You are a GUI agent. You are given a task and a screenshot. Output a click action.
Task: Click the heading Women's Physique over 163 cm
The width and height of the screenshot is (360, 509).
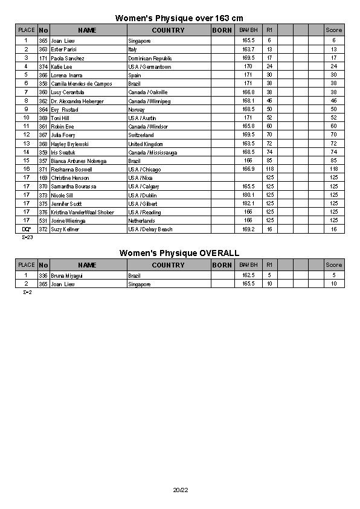179,19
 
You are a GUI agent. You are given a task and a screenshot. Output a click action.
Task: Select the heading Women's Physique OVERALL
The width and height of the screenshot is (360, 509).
179,253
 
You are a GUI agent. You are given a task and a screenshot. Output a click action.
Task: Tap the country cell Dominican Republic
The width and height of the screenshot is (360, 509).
150,59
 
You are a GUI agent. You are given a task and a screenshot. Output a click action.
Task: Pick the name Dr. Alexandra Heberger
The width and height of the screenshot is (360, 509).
77,101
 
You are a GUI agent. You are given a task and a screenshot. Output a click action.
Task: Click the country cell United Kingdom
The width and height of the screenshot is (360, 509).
146,144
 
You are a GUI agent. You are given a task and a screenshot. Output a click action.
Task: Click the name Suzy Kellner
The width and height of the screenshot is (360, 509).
65,229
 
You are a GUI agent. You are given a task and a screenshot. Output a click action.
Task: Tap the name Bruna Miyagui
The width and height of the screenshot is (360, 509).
68,275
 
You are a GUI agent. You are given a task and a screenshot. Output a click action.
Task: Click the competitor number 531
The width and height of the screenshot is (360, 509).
43,221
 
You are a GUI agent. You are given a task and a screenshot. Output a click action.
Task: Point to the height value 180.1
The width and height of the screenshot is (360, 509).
248,195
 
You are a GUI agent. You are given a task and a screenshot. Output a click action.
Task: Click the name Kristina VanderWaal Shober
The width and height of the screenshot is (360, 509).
82,213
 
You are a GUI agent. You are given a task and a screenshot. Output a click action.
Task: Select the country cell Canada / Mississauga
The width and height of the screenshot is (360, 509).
152,153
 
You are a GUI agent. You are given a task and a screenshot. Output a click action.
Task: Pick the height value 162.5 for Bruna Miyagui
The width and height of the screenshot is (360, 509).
248,275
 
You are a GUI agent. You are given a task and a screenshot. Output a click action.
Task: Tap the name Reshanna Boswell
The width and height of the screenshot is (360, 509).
72,170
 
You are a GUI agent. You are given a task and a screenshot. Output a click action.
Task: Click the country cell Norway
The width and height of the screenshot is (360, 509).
137,110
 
